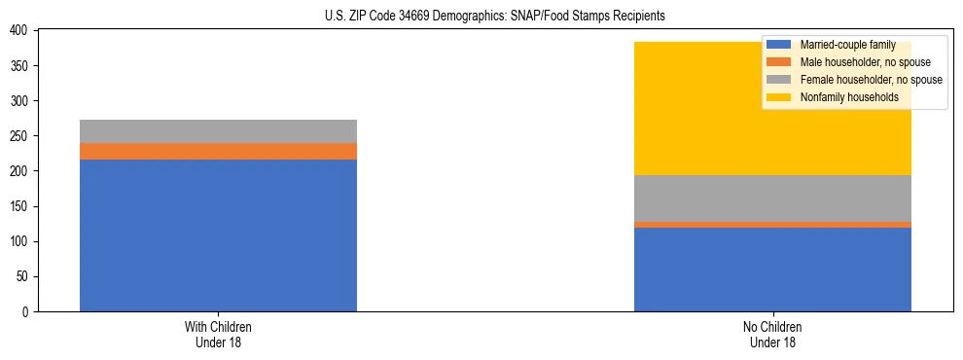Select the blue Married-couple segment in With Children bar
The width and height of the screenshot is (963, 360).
tap(218, 235)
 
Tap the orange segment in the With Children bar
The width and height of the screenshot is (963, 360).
tap(218, 151)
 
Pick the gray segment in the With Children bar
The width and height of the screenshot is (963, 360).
tap(218, 131)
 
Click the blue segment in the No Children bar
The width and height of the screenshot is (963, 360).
tap(772, 270)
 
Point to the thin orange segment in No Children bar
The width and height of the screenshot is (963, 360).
tap(772, 225)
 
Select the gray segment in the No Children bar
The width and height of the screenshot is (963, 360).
tap(772, 198)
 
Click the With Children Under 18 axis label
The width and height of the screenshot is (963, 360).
tap(218, 334)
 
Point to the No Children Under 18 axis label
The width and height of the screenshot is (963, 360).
tap(772, 334)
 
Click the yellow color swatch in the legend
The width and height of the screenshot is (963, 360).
tap(779, 97)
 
